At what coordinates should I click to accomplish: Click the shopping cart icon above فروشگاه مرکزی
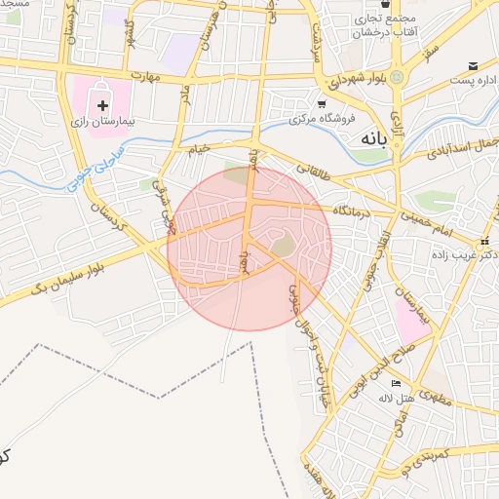coord(322,102)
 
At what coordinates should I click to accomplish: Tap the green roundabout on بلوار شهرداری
coord(397,77)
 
